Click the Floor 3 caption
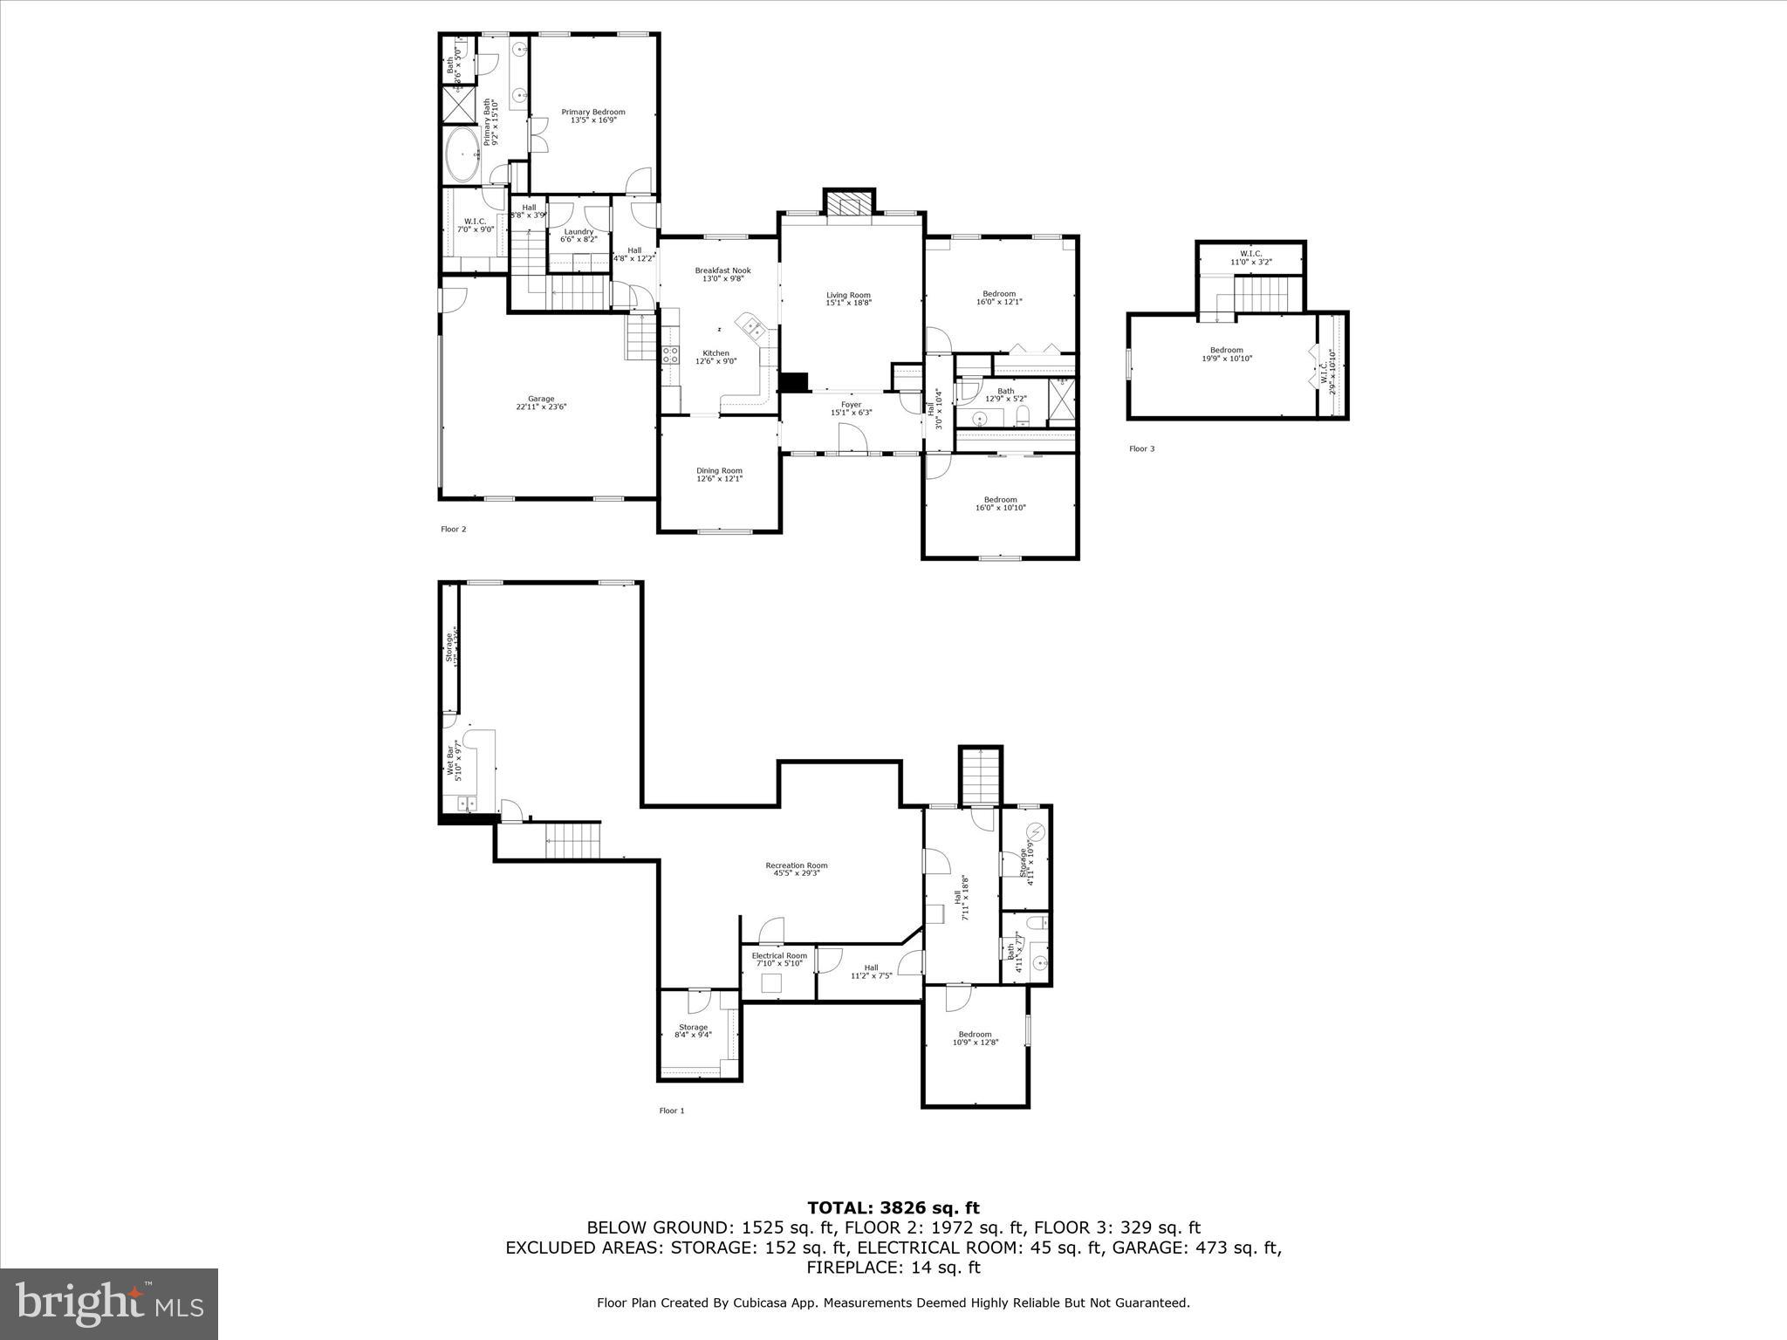[1141, 449]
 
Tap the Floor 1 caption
[671, 1111]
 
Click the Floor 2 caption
[453, 529]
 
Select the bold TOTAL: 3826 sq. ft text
[893, 1208]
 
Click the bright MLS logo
[109, 1303]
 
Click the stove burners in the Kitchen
[670, 354]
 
